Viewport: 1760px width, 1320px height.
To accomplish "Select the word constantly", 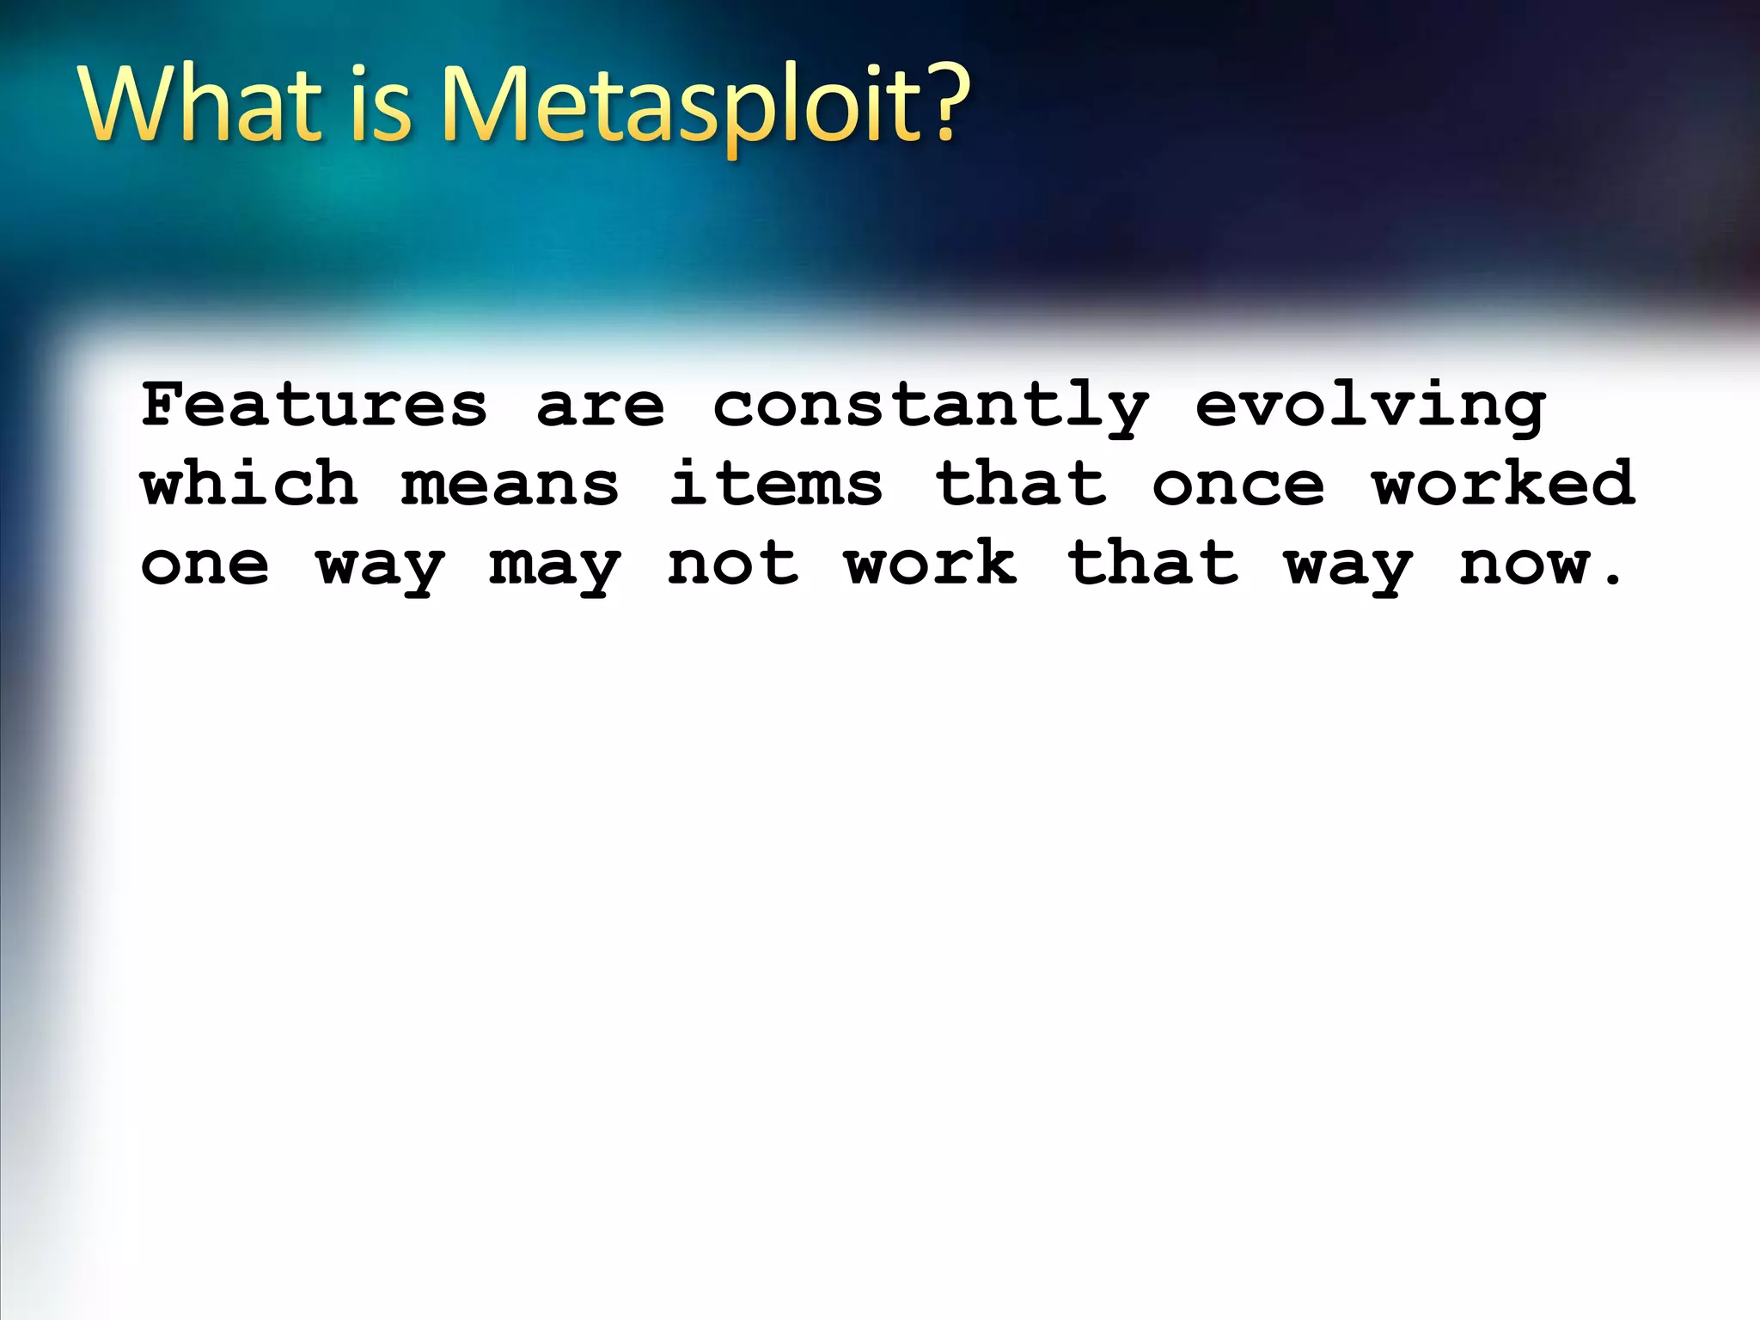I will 931,406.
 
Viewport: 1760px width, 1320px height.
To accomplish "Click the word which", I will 249,483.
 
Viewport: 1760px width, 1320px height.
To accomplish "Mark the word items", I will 776,484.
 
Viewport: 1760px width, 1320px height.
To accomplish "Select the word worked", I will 1504,483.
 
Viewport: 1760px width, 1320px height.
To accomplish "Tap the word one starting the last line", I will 205,565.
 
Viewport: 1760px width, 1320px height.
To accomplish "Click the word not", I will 733,564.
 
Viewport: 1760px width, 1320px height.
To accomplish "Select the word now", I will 1525,565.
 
